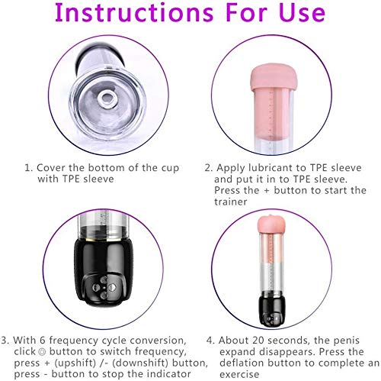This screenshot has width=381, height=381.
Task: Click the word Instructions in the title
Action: (134, 12)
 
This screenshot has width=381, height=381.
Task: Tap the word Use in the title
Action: (302, 12)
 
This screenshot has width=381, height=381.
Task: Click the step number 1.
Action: (28, 168)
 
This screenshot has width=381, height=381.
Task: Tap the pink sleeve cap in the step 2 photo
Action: (272, 77)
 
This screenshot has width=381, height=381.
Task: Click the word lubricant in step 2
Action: (277, 168)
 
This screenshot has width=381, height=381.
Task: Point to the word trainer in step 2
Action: (231, 202)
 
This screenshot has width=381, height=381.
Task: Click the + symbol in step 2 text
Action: (267, 191)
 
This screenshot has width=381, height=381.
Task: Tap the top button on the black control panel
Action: (104, 280)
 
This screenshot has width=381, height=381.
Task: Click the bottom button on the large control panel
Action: (104, 295)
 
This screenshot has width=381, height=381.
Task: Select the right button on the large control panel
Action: (112, 288)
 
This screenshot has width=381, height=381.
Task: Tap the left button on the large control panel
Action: (96, 288)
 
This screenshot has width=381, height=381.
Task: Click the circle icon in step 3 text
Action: (42, 352)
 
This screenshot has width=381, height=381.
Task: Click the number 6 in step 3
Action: (43, 341)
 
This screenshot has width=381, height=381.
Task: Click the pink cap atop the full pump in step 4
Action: (271, 224)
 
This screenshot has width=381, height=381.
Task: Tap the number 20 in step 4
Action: (259, 341)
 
